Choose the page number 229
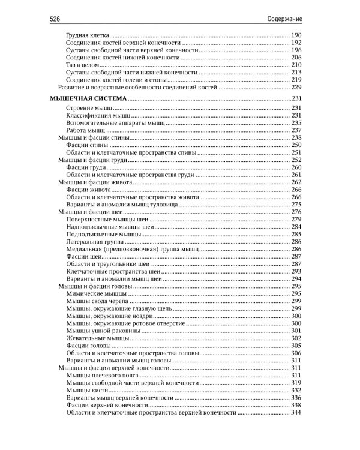(296, 87)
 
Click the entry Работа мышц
(86, 130)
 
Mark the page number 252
(296, 160)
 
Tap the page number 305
(296, 346)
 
